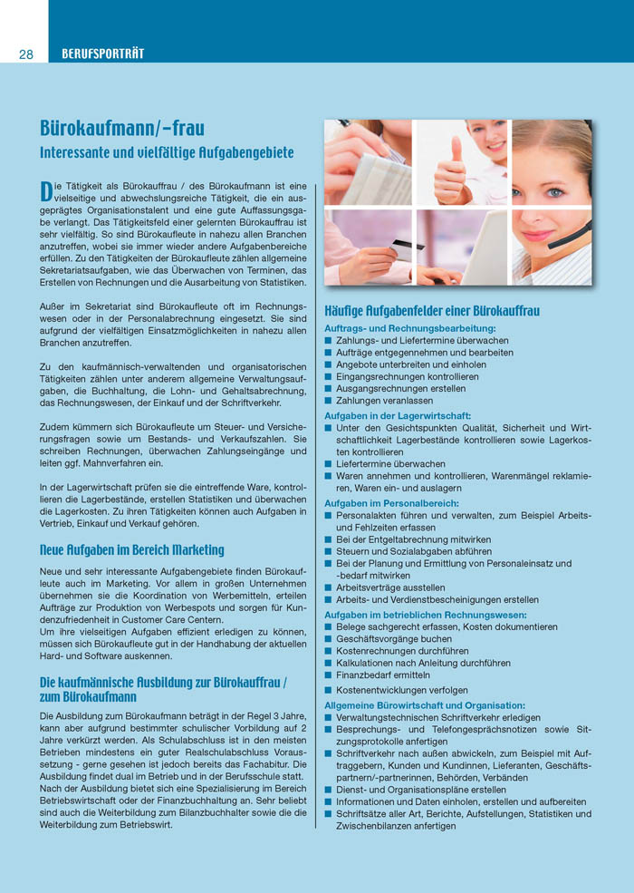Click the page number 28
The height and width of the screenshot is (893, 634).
point(25,54)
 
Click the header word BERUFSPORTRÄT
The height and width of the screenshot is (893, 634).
point(102,54)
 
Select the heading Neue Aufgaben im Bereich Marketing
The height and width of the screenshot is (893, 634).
point(132,550)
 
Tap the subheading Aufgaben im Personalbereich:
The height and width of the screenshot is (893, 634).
point(391,502)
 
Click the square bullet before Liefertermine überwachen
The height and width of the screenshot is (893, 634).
point(329,464)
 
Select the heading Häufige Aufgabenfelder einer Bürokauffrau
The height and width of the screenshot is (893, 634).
point(432,311)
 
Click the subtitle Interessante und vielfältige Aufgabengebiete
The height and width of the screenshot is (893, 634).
point(167,152)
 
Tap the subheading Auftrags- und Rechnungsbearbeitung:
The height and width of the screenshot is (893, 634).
point(410,327)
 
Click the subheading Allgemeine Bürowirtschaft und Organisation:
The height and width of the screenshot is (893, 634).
point(425,704)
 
